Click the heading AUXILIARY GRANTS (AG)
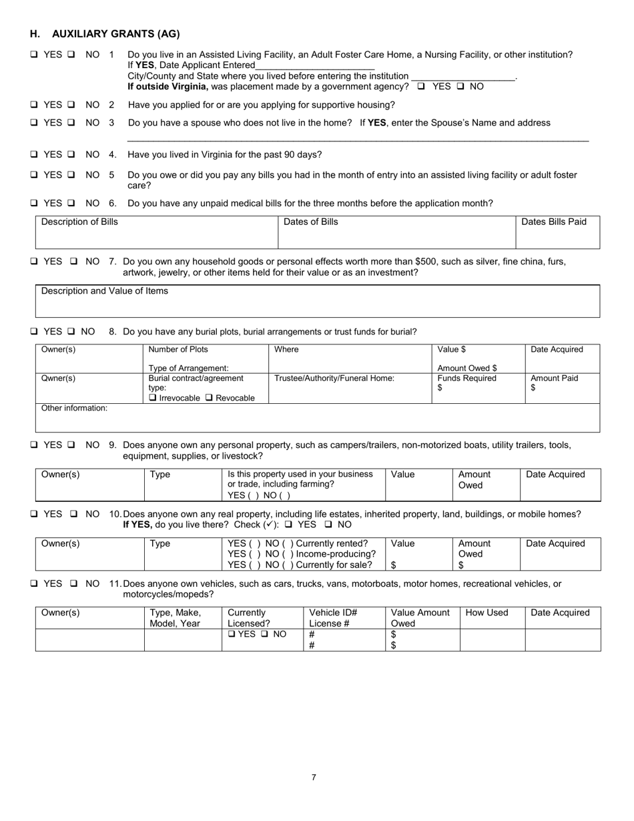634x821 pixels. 115,34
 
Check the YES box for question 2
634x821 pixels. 34,105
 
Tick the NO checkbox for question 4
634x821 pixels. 71,154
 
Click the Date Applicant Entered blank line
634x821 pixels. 314,65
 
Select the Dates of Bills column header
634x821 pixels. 310,222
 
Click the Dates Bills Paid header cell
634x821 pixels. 553,222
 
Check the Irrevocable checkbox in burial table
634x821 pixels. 153,398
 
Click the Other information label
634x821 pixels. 74,408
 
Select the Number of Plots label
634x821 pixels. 178,350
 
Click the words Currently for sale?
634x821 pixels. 334,565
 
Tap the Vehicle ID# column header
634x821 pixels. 333,613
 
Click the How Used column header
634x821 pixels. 487,613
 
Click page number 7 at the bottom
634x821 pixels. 314,777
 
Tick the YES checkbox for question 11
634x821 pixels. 34,583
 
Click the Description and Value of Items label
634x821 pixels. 105,291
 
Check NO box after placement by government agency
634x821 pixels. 460,87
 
